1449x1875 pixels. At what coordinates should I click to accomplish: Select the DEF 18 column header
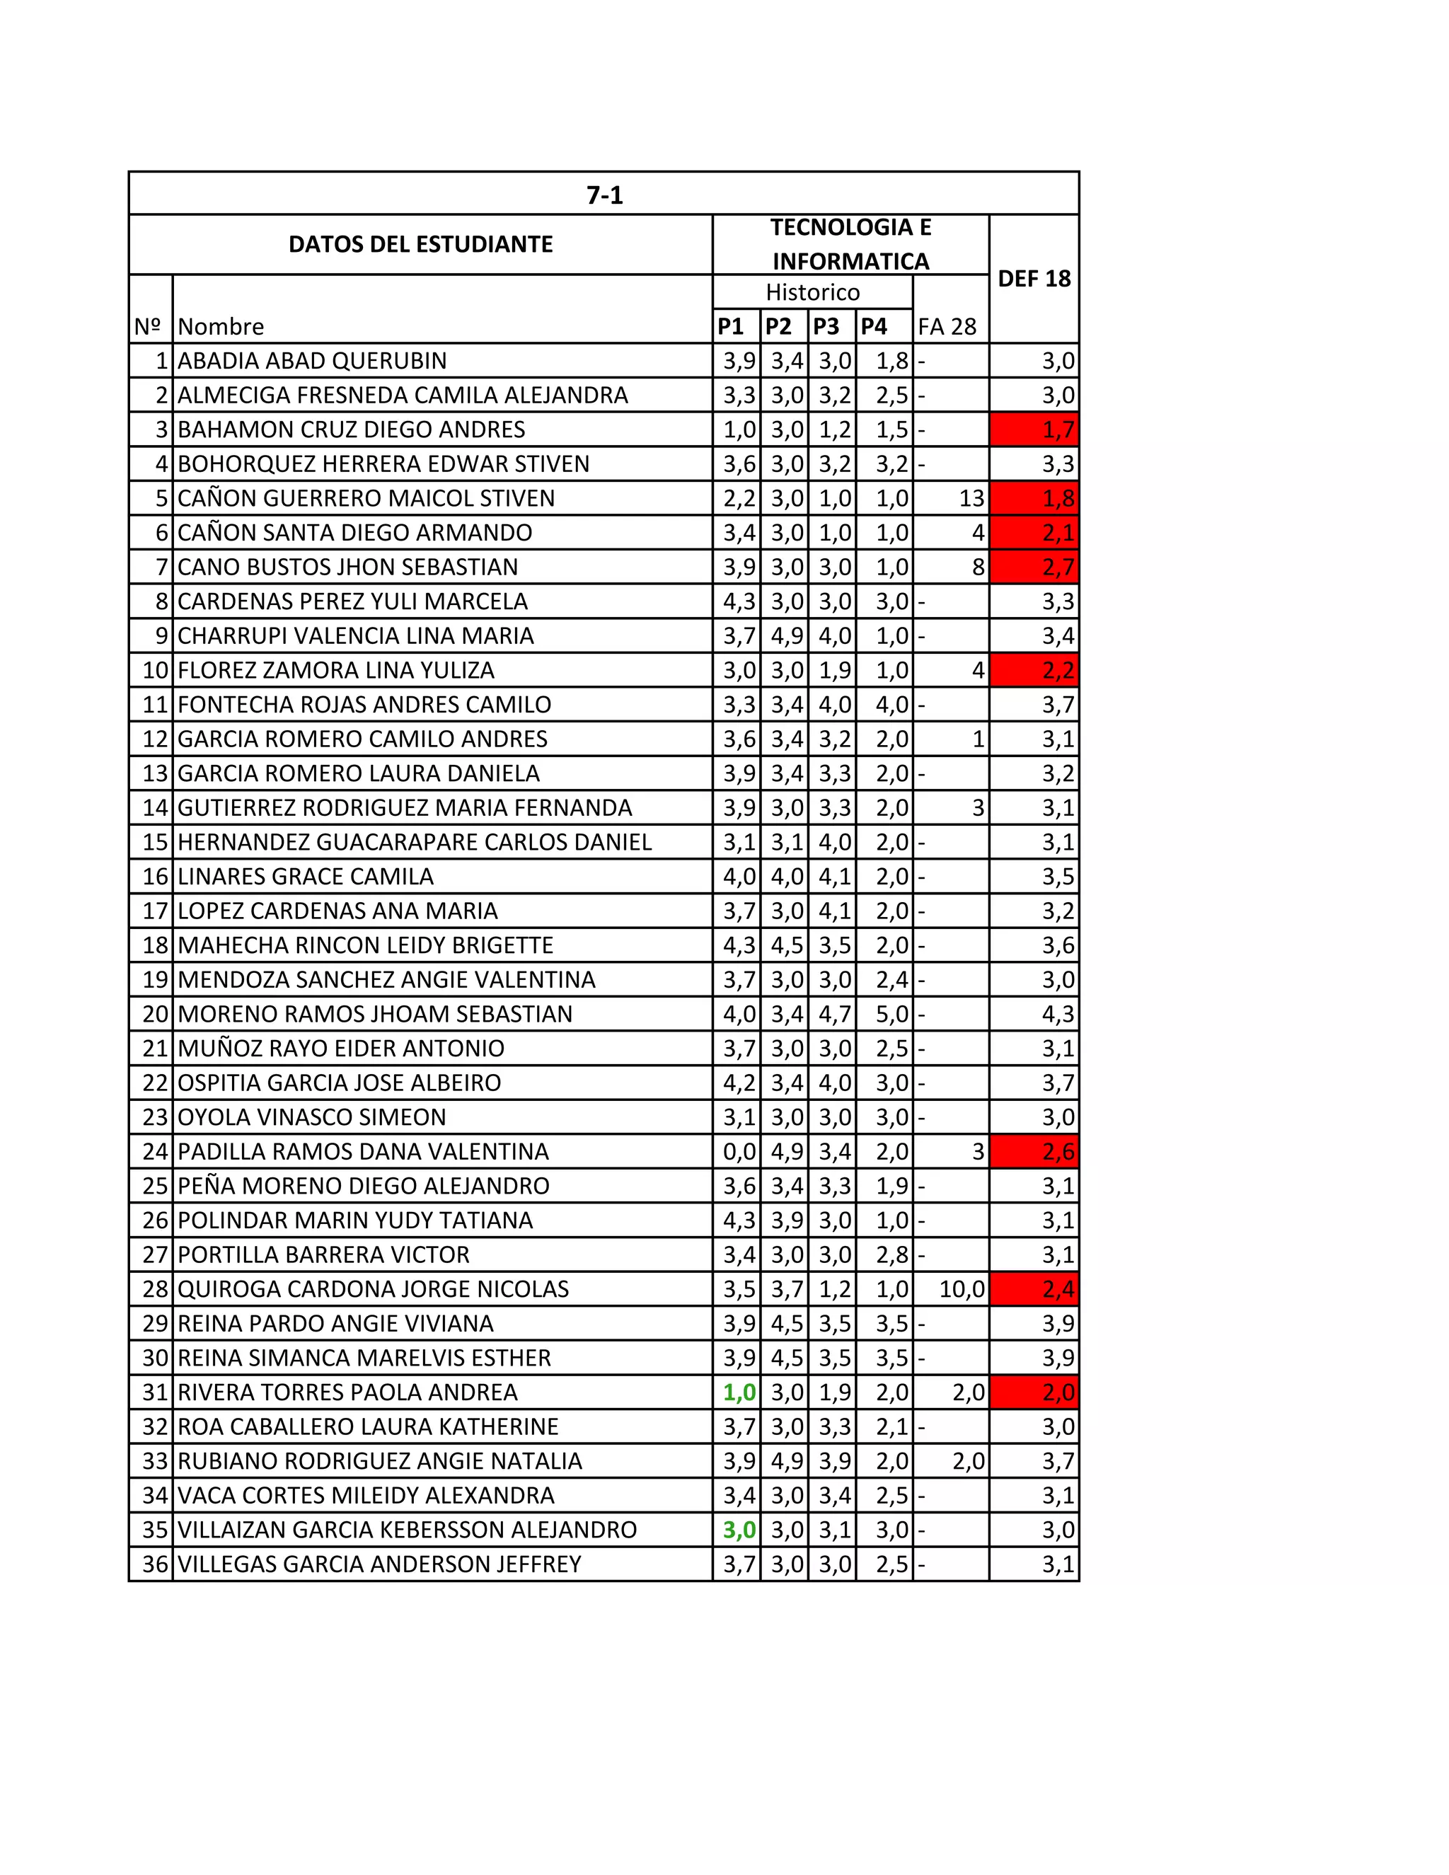point(1034,278)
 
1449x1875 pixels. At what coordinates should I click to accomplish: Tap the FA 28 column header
point(947,326)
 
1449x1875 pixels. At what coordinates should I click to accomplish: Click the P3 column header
point(826,326)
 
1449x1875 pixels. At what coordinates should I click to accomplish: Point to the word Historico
point(812,292)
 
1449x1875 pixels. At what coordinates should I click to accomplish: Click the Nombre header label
point(221,326)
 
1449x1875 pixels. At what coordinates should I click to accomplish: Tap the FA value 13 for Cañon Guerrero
point(971,498)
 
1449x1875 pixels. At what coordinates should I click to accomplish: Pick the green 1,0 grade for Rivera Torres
point(739,1392)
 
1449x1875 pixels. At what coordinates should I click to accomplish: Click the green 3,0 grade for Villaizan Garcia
point(739,1529)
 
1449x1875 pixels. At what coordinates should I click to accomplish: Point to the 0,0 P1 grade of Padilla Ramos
point(739,1151)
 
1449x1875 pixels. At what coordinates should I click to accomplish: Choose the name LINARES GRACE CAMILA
point(306,877)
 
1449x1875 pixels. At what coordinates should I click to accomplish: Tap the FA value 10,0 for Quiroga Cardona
point(962,1288)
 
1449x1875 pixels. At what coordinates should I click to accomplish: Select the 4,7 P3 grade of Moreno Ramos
point(834,1014)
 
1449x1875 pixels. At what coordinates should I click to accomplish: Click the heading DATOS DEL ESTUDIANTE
point(421,245)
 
